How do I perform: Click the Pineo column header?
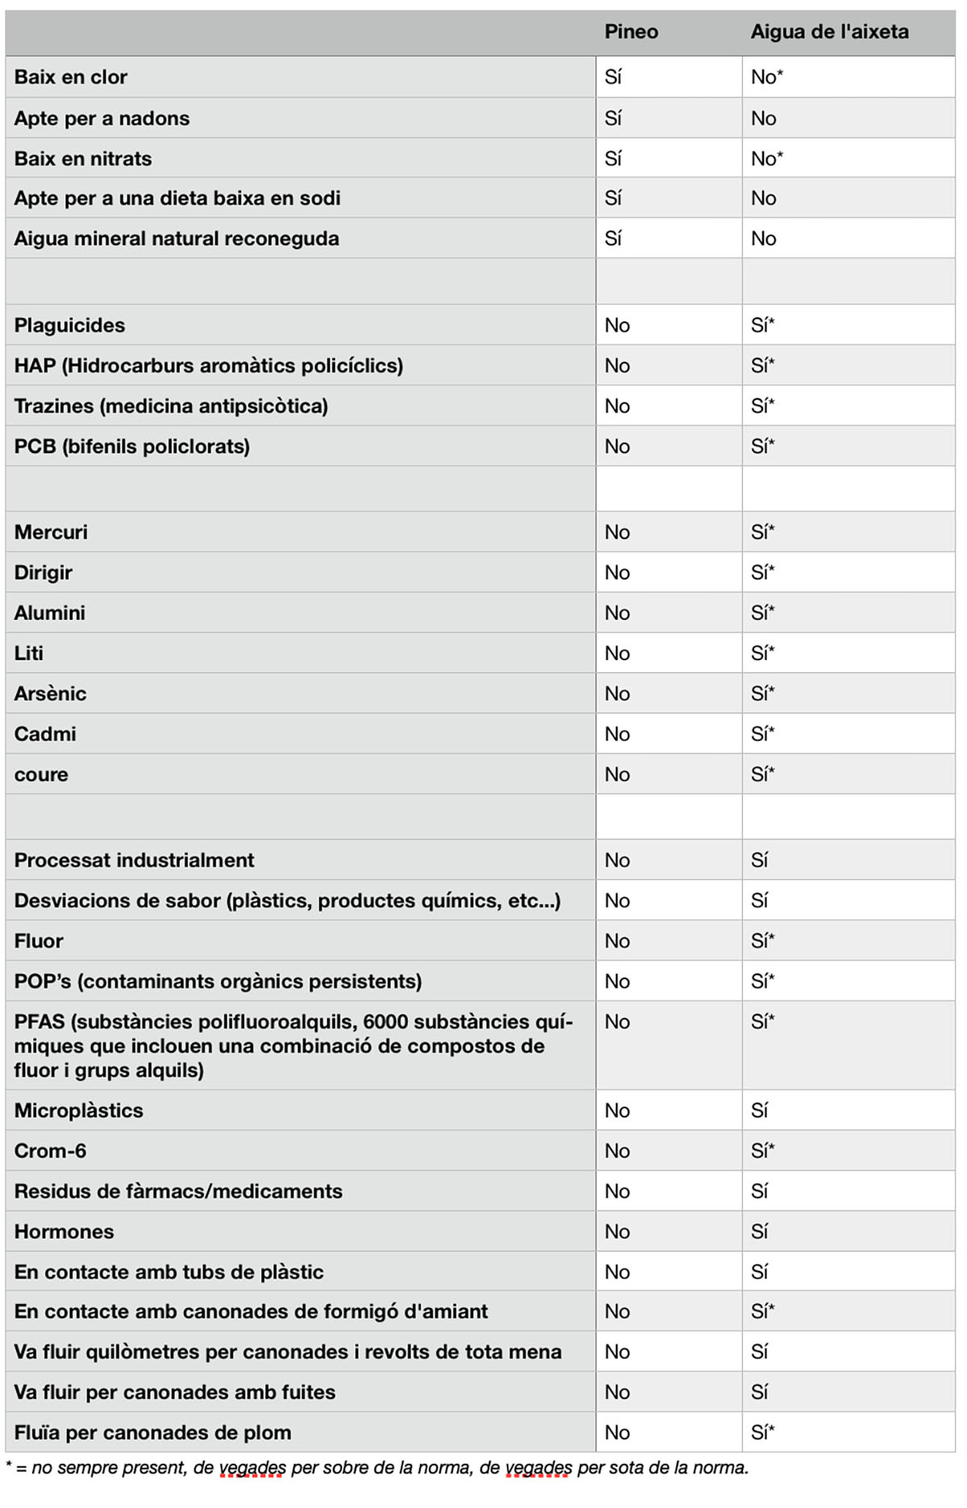[x=631, y=32]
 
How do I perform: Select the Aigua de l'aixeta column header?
[x=829, y=32]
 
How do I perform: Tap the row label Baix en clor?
[x=71, y=77]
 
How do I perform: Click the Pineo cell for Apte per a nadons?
[x=613, y=118]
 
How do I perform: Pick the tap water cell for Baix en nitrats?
[x=766, y=159]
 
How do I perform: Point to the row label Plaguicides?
[x=69, y=326]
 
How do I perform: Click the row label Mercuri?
[x=50, y=533]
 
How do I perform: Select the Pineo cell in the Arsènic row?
[x=617, y=694]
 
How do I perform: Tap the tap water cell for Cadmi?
[x=762, y=734]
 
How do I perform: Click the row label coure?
[x=41, y=775]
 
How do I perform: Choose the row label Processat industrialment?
[x=134, y=861]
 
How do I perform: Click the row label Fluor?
[x=39, y=941]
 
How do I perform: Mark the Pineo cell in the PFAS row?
[x=617, y=1022]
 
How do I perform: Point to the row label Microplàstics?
[x=79, y=1111]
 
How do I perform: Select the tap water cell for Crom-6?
[x=762, y=1151]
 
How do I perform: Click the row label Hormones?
[x=64, y=1232]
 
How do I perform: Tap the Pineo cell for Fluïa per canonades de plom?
[x=617, y=1432]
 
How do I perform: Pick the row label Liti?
[x=29, y=654]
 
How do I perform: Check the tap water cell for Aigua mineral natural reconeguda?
[x=763, y=239]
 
